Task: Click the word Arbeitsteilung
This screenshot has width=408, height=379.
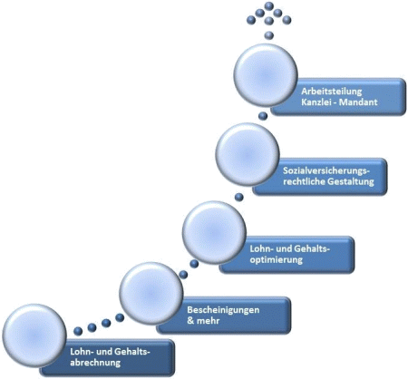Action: [x=331, y=92]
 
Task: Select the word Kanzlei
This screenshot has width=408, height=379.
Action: [x=315, y=102]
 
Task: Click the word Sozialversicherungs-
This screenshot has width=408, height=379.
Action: [x=326, y=170]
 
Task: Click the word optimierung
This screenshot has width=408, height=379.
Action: [x=276, y=260]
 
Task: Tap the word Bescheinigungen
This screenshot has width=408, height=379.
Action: [x=223, y=310]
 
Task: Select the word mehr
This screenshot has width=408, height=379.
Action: [x=208, y=321]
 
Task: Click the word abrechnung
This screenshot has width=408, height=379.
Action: [x=95, y=363]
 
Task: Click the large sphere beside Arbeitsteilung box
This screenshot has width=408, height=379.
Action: [x=266, y=75]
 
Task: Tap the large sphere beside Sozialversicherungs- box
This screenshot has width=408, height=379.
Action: [x=248, y=154]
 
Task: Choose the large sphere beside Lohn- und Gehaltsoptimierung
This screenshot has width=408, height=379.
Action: [x=214, y=232]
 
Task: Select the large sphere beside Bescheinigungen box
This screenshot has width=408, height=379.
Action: [x=151, y=294]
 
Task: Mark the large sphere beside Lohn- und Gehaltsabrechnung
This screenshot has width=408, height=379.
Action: [x=34, y=335]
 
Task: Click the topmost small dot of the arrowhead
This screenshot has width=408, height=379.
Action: [x=268, y=5]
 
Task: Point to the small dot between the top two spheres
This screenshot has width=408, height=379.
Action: [x=263, y=116]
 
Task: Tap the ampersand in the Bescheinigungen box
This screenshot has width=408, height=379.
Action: [x=190, y=321]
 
